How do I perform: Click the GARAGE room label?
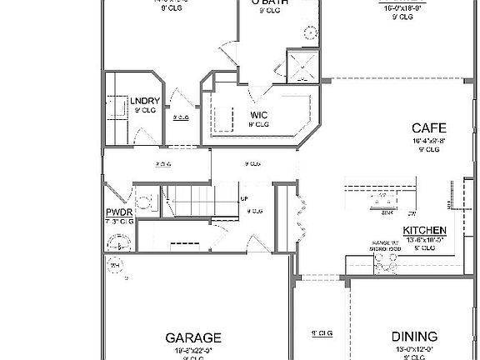[x=193, y=337]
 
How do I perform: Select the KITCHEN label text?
[x=425, y=230]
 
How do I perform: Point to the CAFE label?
[x=430, y=129]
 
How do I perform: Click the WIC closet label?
[x=258, y=115]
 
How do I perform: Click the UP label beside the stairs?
[x=244, y=199]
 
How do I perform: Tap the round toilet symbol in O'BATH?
[x=311, y=32]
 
